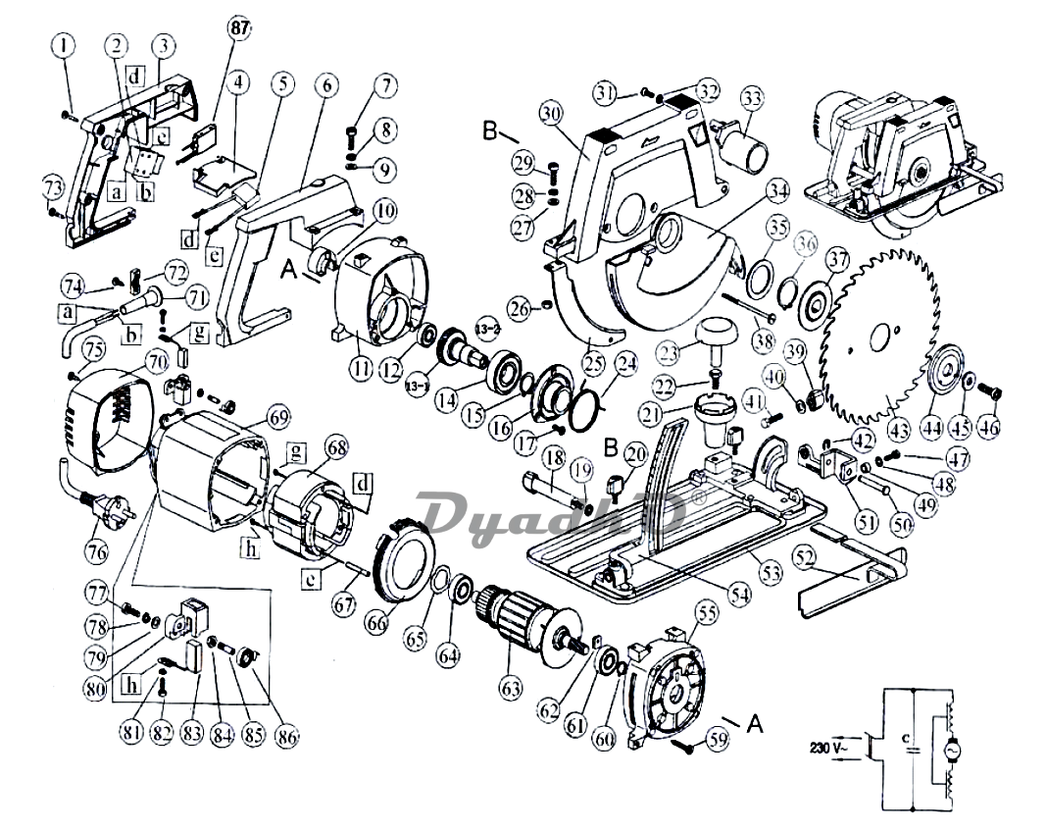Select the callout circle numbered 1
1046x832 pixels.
coord(65,45)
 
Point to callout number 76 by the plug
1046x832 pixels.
coord(95,551)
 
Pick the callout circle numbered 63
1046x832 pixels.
coord(510,689)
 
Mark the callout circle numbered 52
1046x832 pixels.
coord(805,556)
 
